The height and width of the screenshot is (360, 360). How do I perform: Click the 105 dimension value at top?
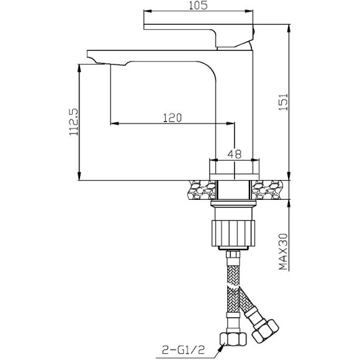(x=198, y=6)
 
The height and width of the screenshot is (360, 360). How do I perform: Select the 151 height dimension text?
(x=283, y=102)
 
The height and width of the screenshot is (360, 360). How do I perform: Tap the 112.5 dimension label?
(x=74, y=122)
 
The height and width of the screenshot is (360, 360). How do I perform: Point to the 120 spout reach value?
(x=172, y=118)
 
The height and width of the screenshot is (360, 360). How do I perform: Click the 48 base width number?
(x=235, y=154)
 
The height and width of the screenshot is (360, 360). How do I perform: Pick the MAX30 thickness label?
(x=283, y=251)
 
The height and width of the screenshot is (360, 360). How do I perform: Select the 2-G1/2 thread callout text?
(x=183, y=350)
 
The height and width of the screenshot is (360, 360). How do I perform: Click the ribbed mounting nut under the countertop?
(x=233, y=233)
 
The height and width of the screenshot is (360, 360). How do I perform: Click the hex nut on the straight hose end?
(x=233, y=340)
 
